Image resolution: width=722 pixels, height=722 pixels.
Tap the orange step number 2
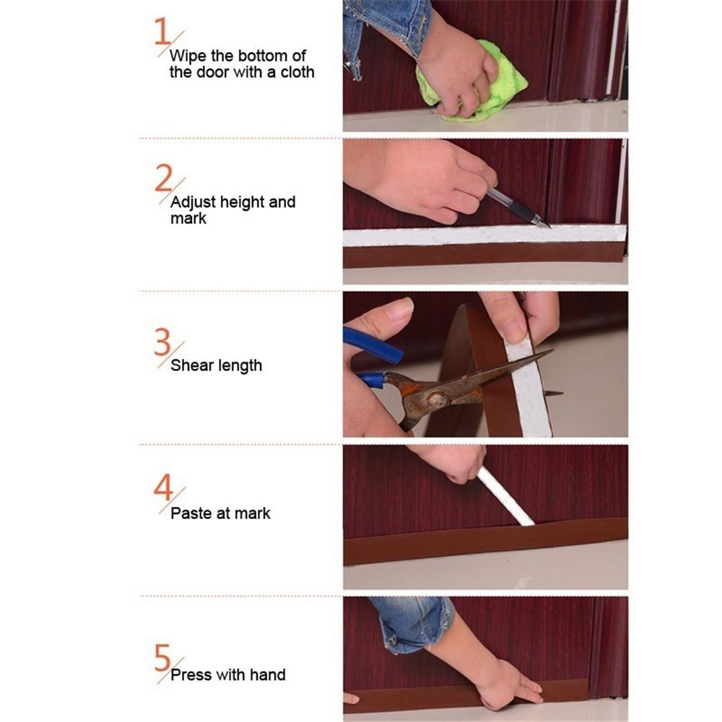click(163, 178)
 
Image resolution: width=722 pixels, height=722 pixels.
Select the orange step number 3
click(162, 342)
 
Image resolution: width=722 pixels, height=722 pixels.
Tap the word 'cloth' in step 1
click(296, 73)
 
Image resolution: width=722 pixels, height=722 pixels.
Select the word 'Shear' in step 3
click(193, 365)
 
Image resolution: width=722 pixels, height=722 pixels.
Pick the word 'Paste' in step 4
click(191, 513)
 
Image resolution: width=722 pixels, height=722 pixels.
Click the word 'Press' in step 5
click(191, 676)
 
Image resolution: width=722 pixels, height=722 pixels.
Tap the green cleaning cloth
click(498, 83)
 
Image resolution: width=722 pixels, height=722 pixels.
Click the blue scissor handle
click(372, 345)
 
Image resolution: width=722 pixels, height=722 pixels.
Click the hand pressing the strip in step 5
click(505, 686)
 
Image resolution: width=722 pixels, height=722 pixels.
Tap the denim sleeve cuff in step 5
click(412, 625)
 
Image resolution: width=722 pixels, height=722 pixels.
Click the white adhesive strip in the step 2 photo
click(484, 235)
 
